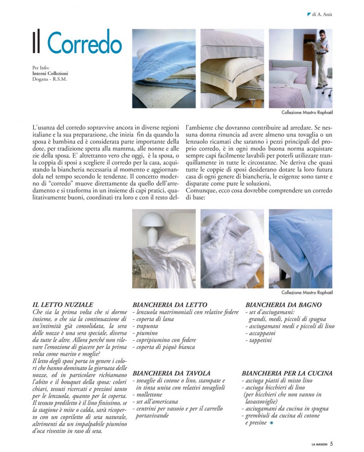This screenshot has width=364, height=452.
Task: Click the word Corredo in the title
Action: point(84,43)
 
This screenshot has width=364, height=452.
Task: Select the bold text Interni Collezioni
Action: point(50,74)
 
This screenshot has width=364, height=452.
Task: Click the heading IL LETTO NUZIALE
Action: point(63,304)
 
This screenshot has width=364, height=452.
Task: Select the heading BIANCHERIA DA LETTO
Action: point(170,305)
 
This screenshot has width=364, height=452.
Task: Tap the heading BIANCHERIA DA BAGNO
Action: point(284,305)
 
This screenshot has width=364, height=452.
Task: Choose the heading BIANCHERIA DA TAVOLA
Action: point(171,373)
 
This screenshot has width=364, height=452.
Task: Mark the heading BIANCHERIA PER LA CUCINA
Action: point(287,373)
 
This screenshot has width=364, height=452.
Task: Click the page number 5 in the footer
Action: point(331,443)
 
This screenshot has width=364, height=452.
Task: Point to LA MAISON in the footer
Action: point(320,443)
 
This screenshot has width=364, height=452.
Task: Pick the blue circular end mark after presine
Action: point(271,423)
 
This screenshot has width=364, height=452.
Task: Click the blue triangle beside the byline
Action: point(309,14)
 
